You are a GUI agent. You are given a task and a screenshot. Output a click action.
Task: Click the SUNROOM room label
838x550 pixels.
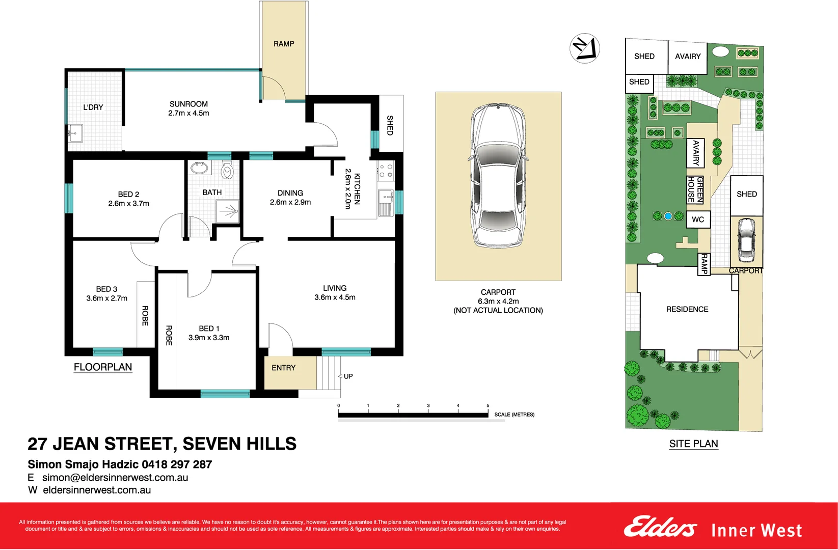tap(188, 104)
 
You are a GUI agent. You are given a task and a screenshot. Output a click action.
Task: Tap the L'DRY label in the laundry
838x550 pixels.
tap(93, 107)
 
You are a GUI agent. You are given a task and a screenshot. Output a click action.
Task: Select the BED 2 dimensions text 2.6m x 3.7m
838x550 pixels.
tap(128, 204)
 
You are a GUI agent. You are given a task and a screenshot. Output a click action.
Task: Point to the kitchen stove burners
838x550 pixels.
tap(386, 171)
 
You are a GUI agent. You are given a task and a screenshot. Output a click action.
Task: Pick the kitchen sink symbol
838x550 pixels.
tap(386, 197)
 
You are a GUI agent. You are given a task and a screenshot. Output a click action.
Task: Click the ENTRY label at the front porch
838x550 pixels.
tap(283, 368)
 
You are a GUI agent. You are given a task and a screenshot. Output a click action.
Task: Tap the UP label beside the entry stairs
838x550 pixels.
tap(348, 376)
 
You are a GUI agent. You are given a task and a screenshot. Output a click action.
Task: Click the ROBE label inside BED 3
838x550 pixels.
tap(145, 316)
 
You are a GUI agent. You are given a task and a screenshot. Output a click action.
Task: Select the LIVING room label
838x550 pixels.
tap(335, 288)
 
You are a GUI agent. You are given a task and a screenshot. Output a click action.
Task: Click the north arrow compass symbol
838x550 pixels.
tap(584, 48)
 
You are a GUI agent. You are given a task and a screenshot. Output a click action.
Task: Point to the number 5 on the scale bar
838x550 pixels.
tap(488, 406)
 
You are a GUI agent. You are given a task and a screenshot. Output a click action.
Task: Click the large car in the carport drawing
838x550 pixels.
tap(498, 176)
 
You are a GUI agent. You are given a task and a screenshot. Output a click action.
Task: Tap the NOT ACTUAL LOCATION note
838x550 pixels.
tap(498, 310)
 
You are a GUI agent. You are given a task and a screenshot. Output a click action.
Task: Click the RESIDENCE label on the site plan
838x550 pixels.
tap(687, 309)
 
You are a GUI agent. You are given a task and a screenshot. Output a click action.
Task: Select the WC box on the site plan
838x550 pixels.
tap(698, 219)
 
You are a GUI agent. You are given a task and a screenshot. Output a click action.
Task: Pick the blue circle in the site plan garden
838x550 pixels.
tap(668, 216)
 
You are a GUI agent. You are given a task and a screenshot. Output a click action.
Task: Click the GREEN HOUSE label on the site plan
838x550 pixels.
tap(695, 189)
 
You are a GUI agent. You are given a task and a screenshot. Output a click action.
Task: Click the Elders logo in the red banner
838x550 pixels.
tap(660, 528)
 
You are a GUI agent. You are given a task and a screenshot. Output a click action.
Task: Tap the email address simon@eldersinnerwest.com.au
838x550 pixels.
tap(115, 478)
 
